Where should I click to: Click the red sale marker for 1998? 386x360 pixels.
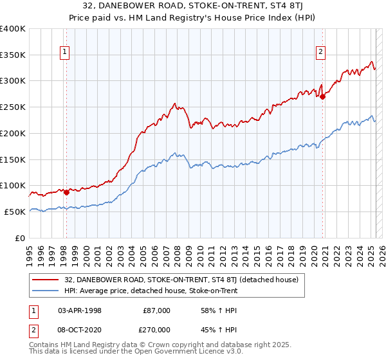click(66, 192)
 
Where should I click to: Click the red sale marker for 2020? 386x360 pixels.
click(323, 96)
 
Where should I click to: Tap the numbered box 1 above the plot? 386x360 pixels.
click(66, 53)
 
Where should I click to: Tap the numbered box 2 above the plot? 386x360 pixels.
click(320, 53)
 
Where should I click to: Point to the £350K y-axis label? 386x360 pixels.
click(13, 55)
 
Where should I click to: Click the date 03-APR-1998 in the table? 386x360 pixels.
click(80, 310)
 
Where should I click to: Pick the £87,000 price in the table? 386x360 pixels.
click(157, 310)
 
